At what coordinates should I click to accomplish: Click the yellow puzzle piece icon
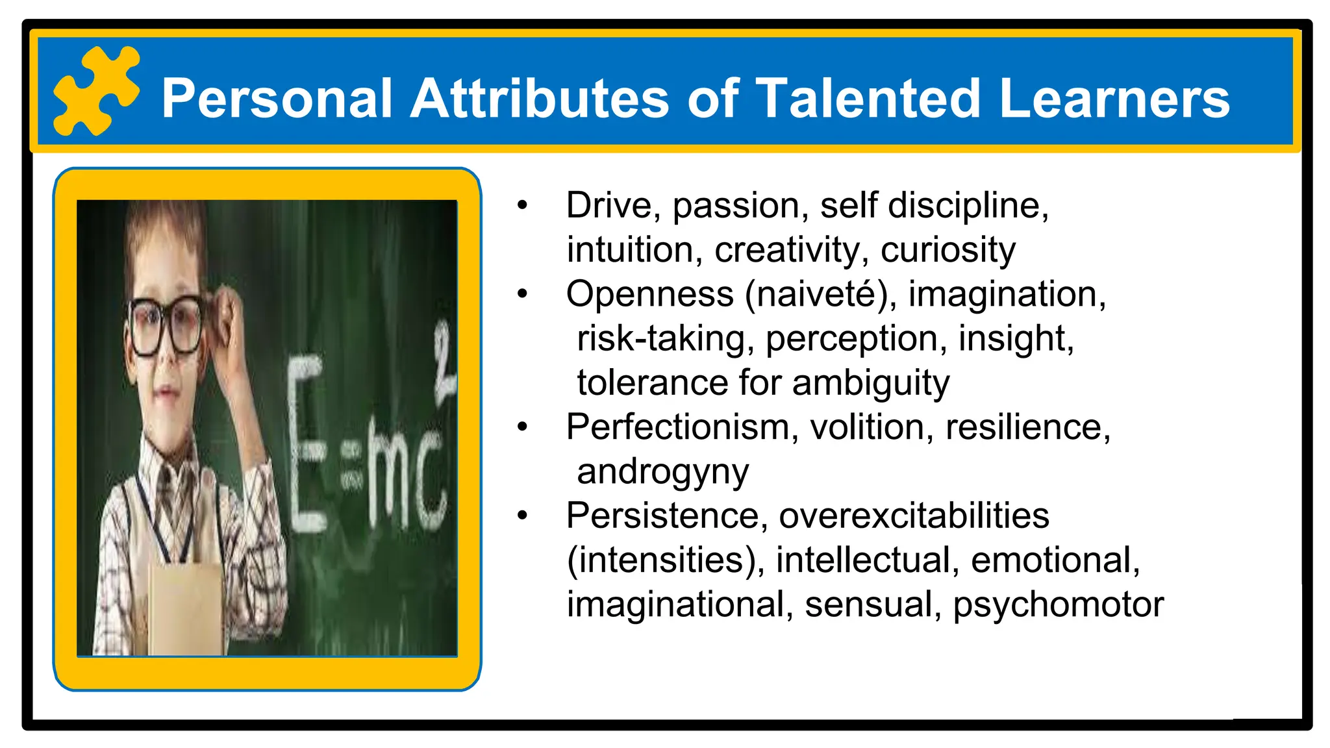pyautogui.click(x=95, y=91)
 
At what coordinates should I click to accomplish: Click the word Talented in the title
pyautogui.click(x=868, y=99)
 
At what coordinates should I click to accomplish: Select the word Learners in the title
pyautogui.click(x=1114, y=99)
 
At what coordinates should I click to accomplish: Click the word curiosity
pyautogui.click(x=947, y=251)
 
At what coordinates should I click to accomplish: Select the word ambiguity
pyautogui.click(x=870, y=383)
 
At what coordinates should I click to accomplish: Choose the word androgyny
pyautogui.click(x=662, y=472)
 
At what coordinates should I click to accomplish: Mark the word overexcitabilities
pyautogui.click(x=914, y=516)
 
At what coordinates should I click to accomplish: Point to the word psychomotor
pyautogui.click(x=1058, y=605)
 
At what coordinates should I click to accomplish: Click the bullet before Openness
pyautogui.click(x=523, y=294)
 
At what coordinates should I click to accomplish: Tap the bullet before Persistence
pyautogui.click(x=523, y=516)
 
